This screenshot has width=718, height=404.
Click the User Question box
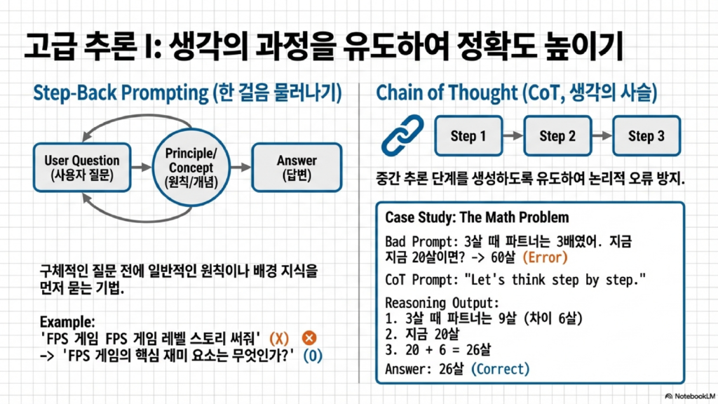point(82,167)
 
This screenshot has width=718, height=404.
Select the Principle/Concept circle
point(191,167)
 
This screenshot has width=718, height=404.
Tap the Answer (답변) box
point(297,167)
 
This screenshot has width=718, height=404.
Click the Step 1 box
point(468,135)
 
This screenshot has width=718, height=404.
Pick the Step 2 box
point(557,135)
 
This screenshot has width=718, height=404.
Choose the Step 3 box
point(646,135)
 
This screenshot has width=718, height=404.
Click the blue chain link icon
point(402,135)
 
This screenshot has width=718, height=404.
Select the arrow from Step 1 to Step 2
point(513,135)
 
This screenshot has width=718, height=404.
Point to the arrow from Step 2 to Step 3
point(602,135)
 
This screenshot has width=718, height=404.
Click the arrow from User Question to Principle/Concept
point(142,167)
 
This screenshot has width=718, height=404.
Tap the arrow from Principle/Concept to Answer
point(241,167)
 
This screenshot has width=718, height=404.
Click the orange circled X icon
point(309,338)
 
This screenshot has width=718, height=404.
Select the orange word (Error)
point(545,257)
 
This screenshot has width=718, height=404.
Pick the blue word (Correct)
point(500,369)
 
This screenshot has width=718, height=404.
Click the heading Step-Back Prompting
point(121,93)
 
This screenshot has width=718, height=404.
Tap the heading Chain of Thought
point(447,93)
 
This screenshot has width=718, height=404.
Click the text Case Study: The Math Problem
point(477,217)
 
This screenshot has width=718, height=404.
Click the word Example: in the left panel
point(67,321)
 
